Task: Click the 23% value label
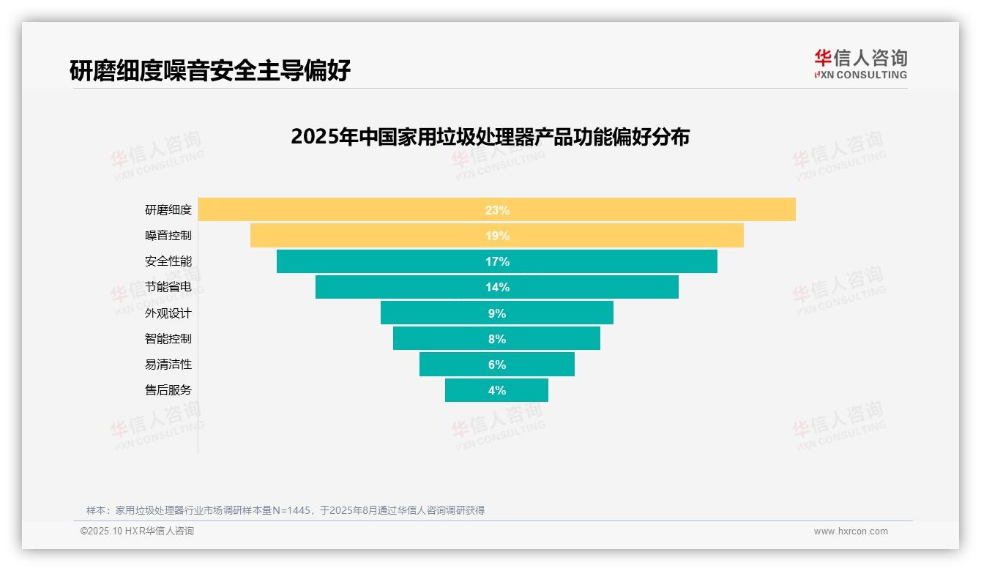click(497, 210)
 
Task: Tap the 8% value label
click(497, 339)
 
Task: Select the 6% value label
click(497, 365)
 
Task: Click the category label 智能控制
click(168, 339)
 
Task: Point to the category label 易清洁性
click(168, 365)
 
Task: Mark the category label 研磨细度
click(168, 210)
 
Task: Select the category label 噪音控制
click(168, 236)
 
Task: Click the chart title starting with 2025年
click(490, 137)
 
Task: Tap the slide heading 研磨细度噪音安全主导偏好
click(210, 70)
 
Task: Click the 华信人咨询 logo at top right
click(860, 64)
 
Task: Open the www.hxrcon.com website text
click(851, 531)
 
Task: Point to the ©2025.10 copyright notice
click(137, 531)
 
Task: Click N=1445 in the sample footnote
click(292, 510)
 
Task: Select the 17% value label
click(497, 261)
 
